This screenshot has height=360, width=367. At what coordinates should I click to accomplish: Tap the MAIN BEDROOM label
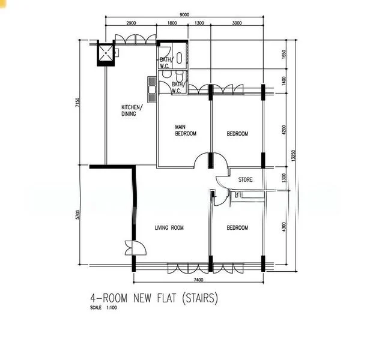coord(186,130)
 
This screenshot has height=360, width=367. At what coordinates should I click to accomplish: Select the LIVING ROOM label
coord(169,227)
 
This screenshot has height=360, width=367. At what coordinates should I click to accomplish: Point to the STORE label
coord(245,179)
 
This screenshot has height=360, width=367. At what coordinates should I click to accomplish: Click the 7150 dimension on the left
coord(77,103)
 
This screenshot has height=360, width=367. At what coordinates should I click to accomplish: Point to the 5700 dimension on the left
coord(78,215)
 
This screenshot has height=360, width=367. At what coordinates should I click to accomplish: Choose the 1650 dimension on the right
coord(284,56)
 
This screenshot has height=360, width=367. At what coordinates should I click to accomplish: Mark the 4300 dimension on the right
coord(284,227)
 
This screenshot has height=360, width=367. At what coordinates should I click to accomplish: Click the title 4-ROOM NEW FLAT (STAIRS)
coord(153,298)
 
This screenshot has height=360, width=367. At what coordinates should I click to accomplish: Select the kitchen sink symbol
coord(151,87)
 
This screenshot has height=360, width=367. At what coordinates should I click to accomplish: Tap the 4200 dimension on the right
coord(284,130)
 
